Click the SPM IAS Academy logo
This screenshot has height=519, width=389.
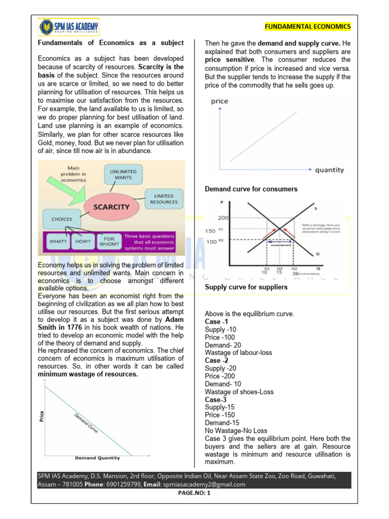tap(69, 26)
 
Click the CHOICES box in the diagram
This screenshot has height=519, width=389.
tap(62, 219)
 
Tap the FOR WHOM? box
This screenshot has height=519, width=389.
tap(109, 241)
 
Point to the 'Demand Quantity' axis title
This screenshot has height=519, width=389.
tap(98, 458)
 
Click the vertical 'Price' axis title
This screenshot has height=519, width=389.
tap(41, 416)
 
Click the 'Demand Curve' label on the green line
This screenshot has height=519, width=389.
tap(86, 423)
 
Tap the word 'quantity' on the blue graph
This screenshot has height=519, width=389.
tap(329, 170)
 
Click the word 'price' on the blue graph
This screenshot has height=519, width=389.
tap(219, 101)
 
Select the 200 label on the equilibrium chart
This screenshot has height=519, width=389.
tap(223, 218)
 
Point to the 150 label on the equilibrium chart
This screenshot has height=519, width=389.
tap(210, 231)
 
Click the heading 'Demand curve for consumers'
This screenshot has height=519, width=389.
tap(251, 189)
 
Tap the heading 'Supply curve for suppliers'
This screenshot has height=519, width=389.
tap(246, 287)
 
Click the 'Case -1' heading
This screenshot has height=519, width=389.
tap(216, 321)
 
